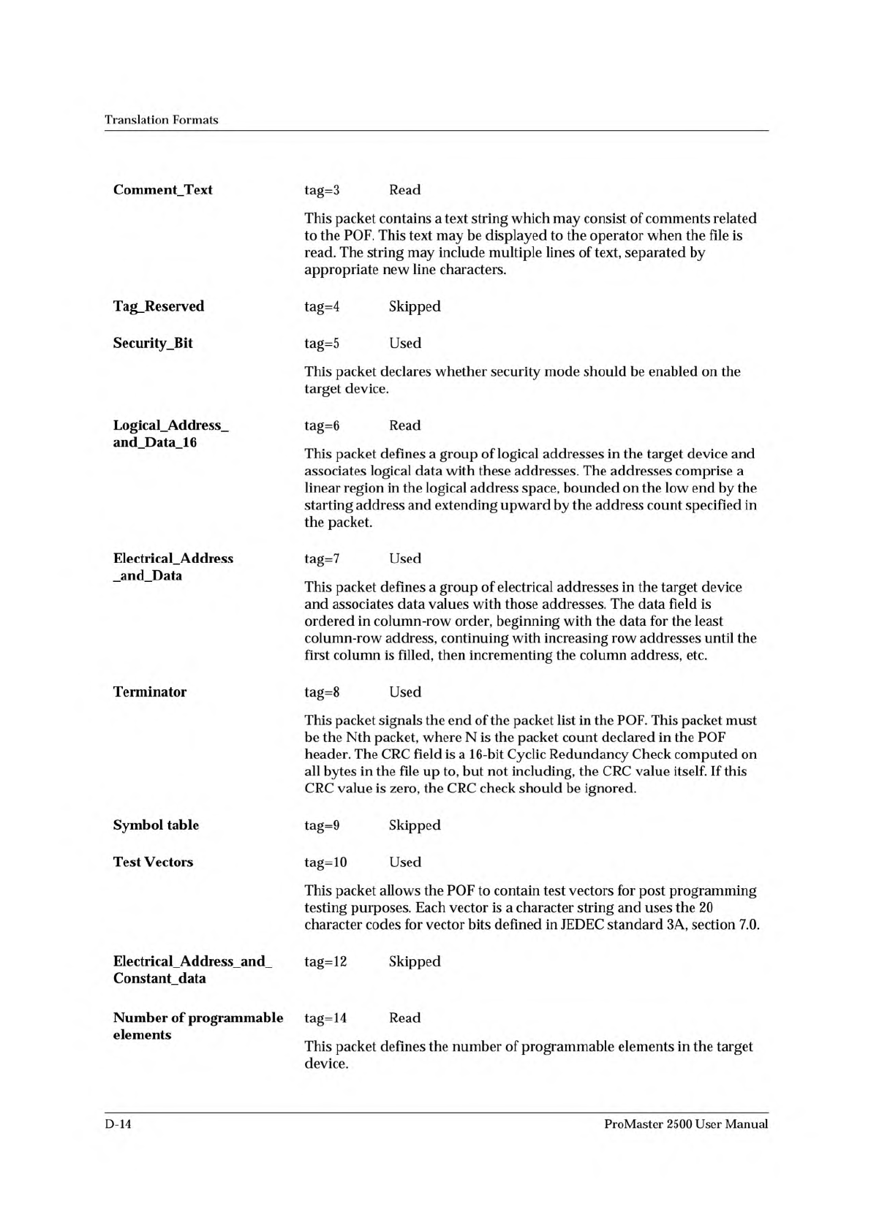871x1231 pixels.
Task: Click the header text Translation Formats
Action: [x=161, y=120]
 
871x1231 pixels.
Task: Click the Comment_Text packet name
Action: [x=162, y=190]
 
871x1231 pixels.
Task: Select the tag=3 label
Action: [x=322, y=191]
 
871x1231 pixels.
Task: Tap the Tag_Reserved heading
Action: [x=158, y=306]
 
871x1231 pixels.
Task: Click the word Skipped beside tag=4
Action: [x=415, y=307]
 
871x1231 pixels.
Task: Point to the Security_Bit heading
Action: [x=153, y=343]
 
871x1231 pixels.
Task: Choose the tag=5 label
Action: [x=322, y=344]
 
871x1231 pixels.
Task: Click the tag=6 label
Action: [x=322, y=425]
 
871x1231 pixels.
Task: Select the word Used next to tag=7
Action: [x=405, y=558]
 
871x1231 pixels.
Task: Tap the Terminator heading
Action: [x=149, y=692]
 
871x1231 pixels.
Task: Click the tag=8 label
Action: [x=322, y=692]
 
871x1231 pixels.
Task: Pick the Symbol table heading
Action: [x=156, y=825]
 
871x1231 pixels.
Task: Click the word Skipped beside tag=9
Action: [x=415, y=826]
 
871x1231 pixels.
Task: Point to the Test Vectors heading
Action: [x=153, y=862]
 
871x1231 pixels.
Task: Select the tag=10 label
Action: [x=325, y=863]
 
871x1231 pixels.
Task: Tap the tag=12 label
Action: [x=325, y=962]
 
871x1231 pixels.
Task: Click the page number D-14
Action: [x=118, y=1124]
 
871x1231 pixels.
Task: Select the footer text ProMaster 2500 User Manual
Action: [x=686, y=1124]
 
